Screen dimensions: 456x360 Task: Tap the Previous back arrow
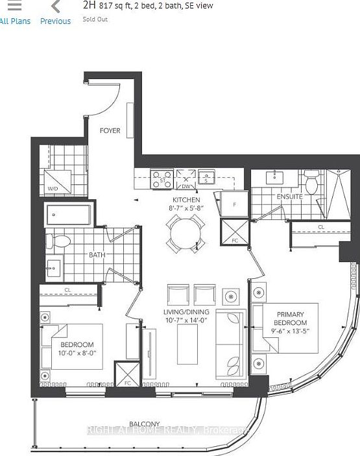(55, 7)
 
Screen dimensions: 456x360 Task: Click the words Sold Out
(95, 19)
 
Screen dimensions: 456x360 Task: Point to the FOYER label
(110, 130)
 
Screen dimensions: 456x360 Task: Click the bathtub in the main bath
(68, 215)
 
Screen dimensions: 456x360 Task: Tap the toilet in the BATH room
(59, 242)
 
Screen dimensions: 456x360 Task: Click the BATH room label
(97, 255)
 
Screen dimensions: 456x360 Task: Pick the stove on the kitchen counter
(162, 179)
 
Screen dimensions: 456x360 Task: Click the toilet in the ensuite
(311, 184)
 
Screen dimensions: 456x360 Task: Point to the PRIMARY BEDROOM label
(289, 318)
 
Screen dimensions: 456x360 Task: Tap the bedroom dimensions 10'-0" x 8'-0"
(77, 354)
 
